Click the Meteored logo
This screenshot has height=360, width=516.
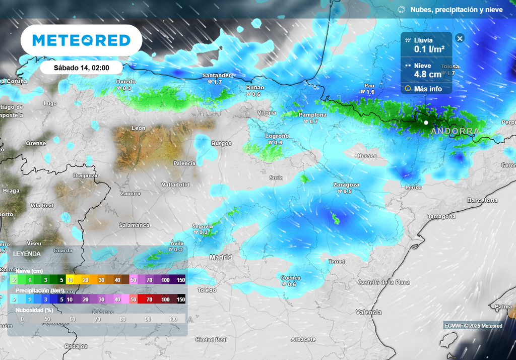(81, 40)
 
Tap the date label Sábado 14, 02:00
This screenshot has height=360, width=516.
(81, 68)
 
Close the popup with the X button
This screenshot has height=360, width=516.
(460, 38)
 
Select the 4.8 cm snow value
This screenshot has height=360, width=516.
(427, 74)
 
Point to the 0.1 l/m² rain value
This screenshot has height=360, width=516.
(429, 49)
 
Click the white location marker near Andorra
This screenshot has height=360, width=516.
(426, 123)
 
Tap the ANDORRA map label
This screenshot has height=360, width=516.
(455, 131)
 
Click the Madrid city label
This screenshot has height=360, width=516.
(221, 258)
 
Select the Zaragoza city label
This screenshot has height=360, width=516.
(346, 185)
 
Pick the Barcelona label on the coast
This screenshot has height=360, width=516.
(482, 200)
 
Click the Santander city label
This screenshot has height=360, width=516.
(217, 76)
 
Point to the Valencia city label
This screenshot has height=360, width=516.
(369, 312)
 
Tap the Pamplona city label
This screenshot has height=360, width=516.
(312, 115)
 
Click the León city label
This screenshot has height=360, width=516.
(138, 128)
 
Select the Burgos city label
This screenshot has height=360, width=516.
(221, 143)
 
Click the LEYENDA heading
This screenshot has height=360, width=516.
(28, 253)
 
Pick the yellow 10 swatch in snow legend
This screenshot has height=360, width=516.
(70, 280)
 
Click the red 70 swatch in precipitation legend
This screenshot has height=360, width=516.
(149, 299)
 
